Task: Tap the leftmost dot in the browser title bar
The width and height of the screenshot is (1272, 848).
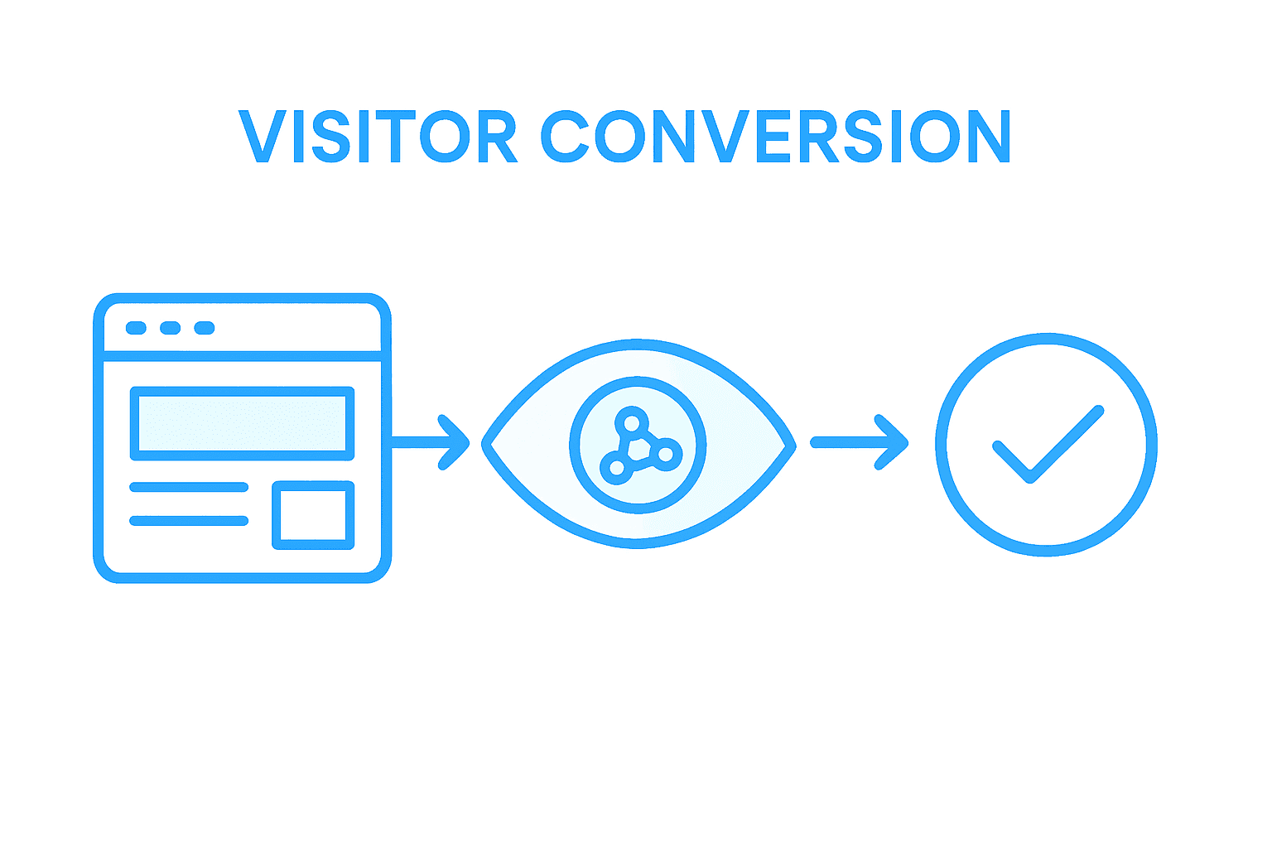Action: (136, 329)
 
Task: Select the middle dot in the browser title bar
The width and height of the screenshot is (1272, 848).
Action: (170, 329)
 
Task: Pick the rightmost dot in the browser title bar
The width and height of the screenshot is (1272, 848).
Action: (204, 329)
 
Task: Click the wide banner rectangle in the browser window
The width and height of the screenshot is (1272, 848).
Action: (242, 423)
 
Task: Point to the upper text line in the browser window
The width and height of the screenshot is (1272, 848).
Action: (189, 487)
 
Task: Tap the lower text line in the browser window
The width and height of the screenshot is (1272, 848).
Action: (189, 521)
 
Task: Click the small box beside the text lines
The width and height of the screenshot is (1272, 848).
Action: (313, 515)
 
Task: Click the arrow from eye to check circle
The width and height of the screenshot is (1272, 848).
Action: (861, 443)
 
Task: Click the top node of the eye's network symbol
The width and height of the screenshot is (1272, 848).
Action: (632, 423)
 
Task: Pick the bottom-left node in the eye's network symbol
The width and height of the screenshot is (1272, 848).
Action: (616, 468)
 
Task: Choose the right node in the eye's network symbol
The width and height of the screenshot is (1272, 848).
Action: (665, 453)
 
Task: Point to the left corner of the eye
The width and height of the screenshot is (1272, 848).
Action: (488, 445)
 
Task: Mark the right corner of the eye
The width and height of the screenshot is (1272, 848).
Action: (790, 446)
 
